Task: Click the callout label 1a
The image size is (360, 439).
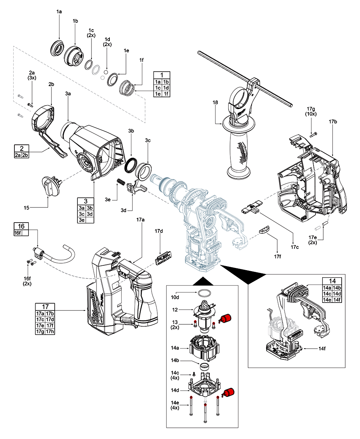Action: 59,12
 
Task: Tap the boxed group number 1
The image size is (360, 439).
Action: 162,75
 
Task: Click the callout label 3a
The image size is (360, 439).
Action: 68,93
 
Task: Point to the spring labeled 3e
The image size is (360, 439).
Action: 121,183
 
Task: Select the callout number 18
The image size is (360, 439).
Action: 215,103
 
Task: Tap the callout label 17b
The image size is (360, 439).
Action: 333,122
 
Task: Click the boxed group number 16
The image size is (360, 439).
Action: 22,226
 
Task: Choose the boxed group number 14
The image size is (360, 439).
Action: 332,281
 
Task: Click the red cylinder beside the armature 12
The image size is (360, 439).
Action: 225,318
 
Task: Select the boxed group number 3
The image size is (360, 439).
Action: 86,201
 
